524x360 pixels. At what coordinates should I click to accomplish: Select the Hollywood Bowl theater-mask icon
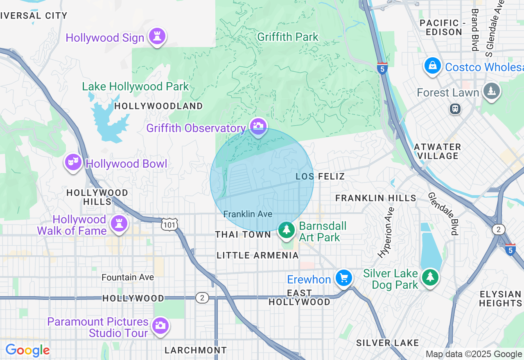click(73, 162)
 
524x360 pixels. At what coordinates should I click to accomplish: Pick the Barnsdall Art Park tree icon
click(287, 230)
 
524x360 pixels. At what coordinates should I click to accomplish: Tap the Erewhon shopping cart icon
click(343, 279)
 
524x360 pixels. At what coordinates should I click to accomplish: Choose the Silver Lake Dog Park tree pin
click(429, 278)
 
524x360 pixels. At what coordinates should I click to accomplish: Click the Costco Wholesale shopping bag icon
click(432, 66)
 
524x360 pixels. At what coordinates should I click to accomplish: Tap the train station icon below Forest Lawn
click(455, 109)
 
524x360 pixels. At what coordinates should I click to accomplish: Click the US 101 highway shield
click(169, 224)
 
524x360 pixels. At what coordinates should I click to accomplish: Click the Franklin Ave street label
click(248, 214)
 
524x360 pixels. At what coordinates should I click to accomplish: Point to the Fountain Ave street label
click(128, 277)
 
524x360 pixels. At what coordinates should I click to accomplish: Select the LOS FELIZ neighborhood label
click(320, 176)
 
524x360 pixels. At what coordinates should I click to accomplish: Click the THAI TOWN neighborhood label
click(243, 234)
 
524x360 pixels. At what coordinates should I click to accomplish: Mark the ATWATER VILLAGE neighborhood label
click(437, 151)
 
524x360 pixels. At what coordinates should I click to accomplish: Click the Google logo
click(27, 351)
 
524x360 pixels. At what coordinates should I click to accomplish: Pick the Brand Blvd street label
click(475, 30)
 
